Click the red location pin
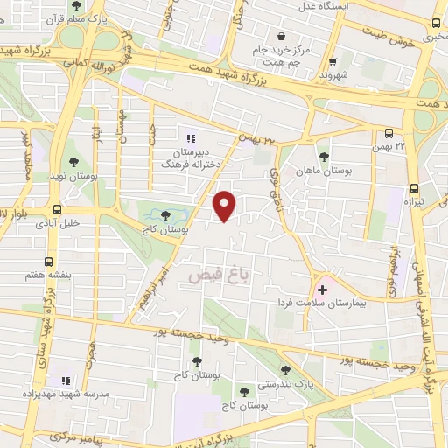pos(226,205)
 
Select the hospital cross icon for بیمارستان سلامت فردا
pos(322,289)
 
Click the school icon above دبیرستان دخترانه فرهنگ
pos(192,137)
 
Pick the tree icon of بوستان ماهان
pos(324,157)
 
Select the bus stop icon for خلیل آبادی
pos(57,210)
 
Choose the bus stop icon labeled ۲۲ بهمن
pos(388,134)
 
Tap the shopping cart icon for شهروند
pos(333,62)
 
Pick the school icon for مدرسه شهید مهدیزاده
pos(63,381)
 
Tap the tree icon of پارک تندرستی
pos(285,369)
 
